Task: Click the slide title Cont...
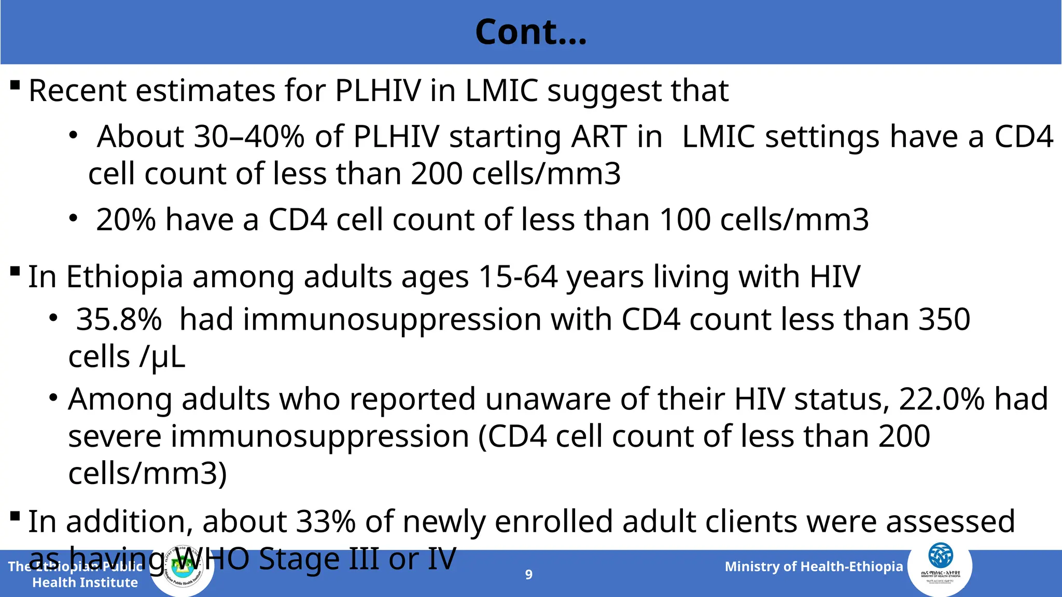pos(530,32)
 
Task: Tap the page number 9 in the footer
pos(528,574)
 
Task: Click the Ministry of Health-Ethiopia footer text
pos(814,566)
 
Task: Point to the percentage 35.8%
pos(119,319)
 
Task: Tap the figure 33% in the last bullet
pos(325,521)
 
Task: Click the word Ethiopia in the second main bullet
pos(124,277)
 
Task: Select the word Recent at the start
pos(77,91)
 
